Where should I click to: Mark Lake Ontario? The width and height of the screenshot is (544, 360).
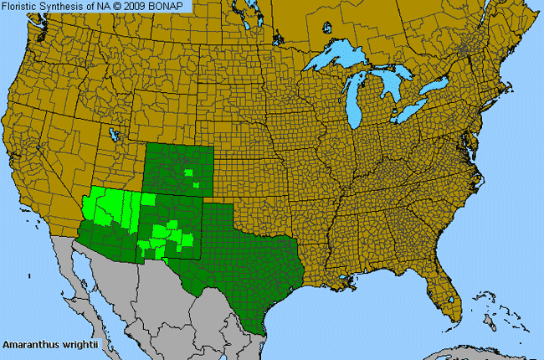(437, 85)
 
